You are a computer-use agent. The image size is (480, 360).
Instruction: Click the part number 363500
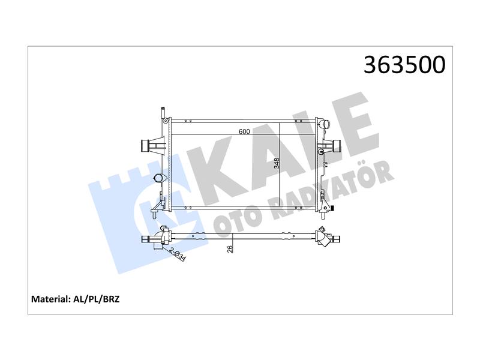[404, 65]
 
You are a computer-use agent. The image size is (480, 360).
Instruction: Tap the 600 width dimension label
[244, 131]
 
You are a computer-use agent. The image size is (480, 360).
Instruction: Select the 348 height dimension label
[277, 163]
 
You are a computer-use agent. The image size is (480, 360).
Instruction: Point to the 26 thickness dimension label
[230, 249]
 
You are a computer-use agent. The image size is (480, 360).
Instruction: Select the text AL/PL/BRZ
[97, 299]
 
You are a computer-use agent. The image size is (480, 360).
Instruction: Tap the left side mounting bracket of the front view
[152, 145]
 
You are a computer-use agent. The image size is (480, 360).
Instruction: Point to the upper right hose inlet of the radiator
[324, 125]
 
